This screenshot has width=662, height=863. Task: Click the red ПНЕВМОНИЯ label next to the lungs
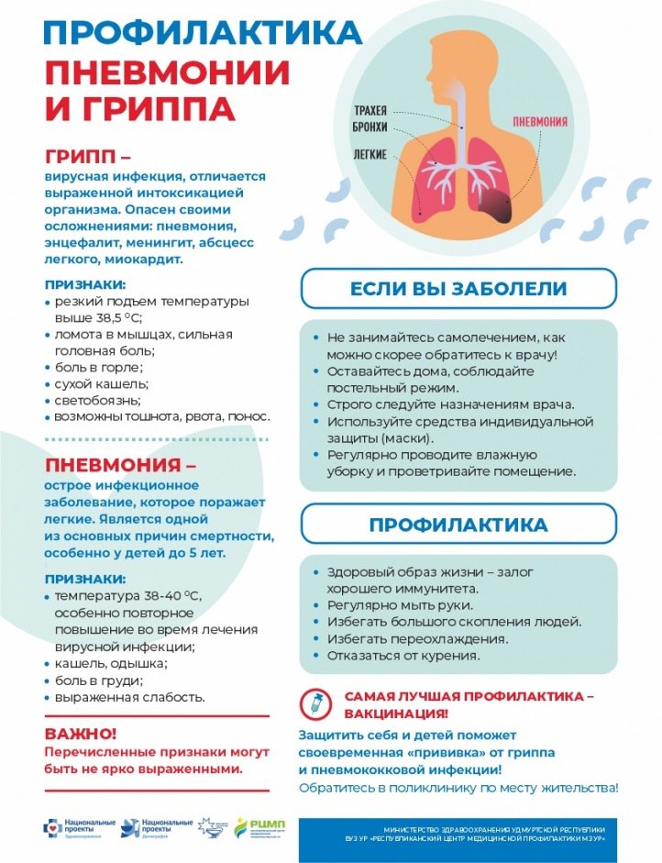(x=538, y=121)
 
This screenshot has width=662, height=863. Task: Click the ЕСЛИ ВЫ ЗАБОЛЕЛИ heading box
(x=458, y=289)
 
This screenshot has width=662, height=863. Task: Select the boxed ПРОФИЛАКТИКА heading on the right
(x=458, y=526)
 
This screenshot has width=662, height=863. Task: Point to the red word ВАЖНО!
(x=81, y=734)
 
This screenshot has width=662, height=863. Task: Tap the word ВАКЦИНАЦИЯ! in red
(x=396, y=713)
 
